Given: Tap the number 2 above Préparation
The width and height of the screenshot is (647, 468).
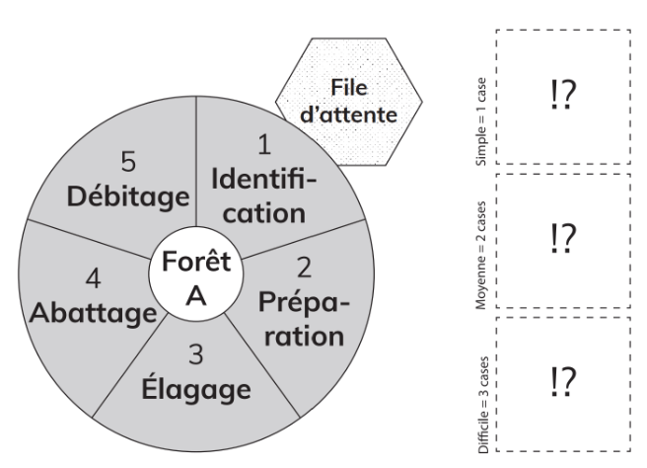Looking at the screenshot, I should (x=305, y=268).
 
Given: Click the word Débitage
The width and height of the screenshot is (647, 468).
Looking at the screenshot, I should (x=128, y=195).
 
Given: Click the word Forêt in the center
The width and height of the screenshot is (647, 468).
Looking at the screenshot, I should (x=197, y=265).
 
